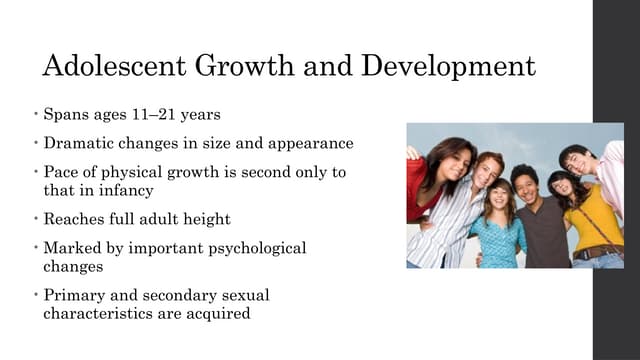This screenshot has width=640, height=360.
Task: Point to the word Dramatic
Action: [x=78, y=143]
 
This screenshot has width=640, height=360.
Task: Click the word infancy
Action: [x=134, y=189]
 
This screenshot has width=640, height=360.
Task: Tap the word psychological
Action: [x=256, y=248]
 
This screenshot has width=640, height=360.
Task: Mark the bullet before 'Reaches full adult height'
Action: [x=34, y=218]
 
